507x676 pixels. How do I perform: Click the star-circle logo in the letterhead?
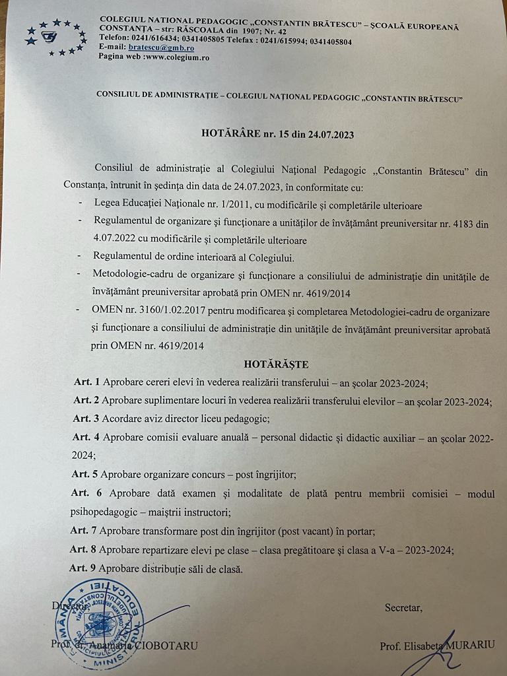[x=55, y=38]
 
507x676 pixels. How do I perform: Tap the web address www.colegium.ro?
[x=177, y=57]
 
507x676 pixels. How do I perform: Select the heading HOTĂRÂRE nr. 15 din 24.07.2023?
[x=277, y=134]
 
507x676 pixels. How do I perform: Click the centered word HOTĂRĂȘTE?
[x=276, y=364]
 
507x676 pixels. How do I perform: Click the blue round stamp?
[x=99, y=624]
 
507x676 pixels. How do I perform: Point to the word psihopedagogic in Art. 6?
[x=104, y=511]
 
